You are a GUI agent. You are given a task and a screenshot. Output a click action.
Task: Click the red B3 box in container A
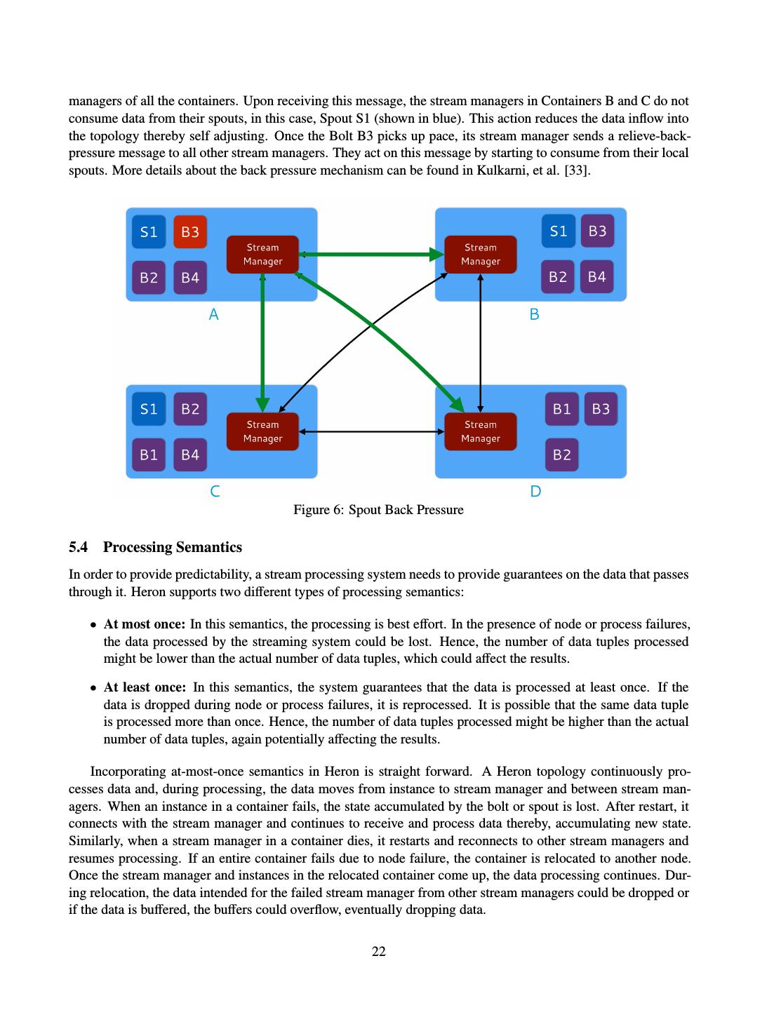[190, 232]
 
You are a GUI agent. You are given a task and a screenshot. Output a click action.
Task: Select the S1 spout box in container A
[149, 232]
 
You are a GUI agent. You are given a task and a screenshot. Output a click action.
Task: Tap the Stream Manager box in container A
[262, 255]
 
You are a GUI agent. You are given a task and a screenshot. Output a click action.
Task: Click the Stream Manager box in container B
[481, 255]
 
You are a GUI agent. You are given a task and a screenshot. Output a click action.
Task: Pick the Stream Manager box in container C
[262, 431]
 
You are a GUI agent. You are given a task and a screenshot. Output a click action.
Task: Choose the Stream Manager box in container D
[481, 431]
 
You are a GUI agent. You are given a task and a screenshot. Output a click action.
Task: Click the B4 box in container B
[597, 277]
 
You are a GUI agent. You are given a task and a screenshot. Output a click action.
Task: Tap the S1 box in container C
[149, 409]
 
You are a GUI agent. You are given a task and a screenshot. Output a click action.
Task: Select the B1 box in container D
[561, 409]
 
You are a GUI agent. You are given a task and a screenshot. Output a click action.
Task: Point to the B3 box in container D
[601, 409]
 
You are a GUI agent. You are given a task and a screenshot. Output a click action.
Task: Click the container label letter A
[214, 315]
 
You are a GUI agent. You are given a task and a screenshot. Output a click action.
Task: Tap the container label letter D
[535, 492]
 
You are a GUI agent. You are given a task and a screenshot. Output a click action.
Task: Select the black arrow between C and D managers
[372, 431]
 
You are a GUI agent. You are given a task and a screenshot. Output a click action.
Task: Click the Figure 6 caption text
[378, 510]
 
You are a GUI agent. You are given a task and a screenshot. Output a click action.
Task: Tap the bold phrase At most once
[145, 624]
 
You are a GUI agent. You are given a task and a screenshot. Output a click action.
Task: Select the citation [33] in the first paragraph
[578, 170]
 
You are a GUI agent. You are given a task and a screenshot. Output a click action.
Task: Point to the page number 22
[379, 952]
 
